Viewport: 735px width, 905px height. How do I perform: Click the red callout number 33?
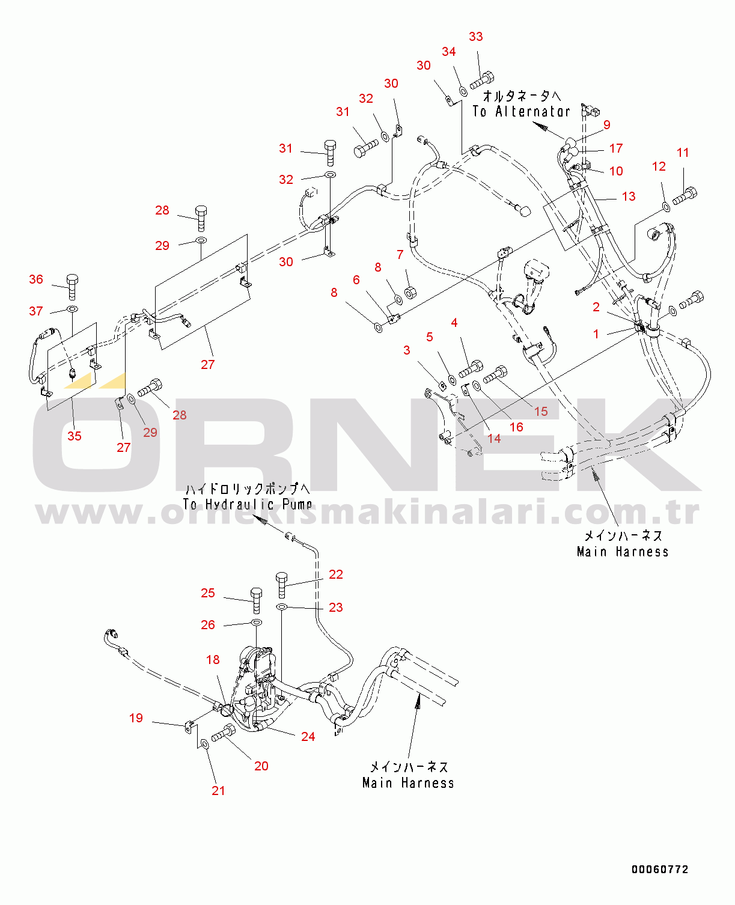tap(475, 37)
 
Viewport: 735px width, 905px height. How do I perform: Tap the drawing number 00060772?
tap(659, 870)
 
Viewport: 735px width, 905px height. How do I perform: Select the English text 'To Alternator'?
tap(521, 111)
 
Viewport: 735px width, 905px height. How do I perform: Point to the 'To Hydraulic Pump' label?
tap(247, 504)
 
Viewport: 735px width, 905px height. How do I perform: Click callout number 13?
tap(629, 197)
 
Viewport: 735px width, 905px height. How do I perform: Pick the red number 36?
tap(36, 279)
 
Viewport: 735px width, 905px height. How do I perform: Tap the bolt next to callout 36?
tap(72, 287)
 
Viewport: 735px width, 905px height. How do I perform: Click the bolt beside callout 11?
tap(685, 197)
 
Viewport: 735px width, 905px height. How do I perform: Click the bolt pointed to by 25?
tap(256, 600)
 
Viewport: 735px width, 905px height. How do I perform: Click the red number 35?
tap(75, 436)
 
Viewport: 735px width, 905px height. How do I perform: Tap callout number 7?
tap(400, 255)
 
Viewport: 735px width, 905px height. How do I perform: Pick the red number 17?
tap(616, 148)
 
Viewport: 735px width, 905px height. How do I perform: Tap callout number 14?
tap(493, 439)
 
